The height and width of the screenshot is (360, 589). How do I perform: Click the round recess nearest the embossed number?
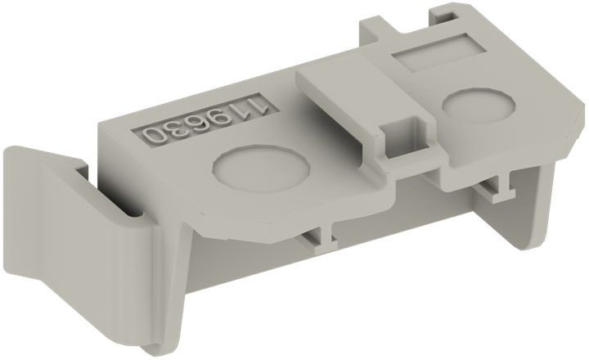point(261,169)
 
